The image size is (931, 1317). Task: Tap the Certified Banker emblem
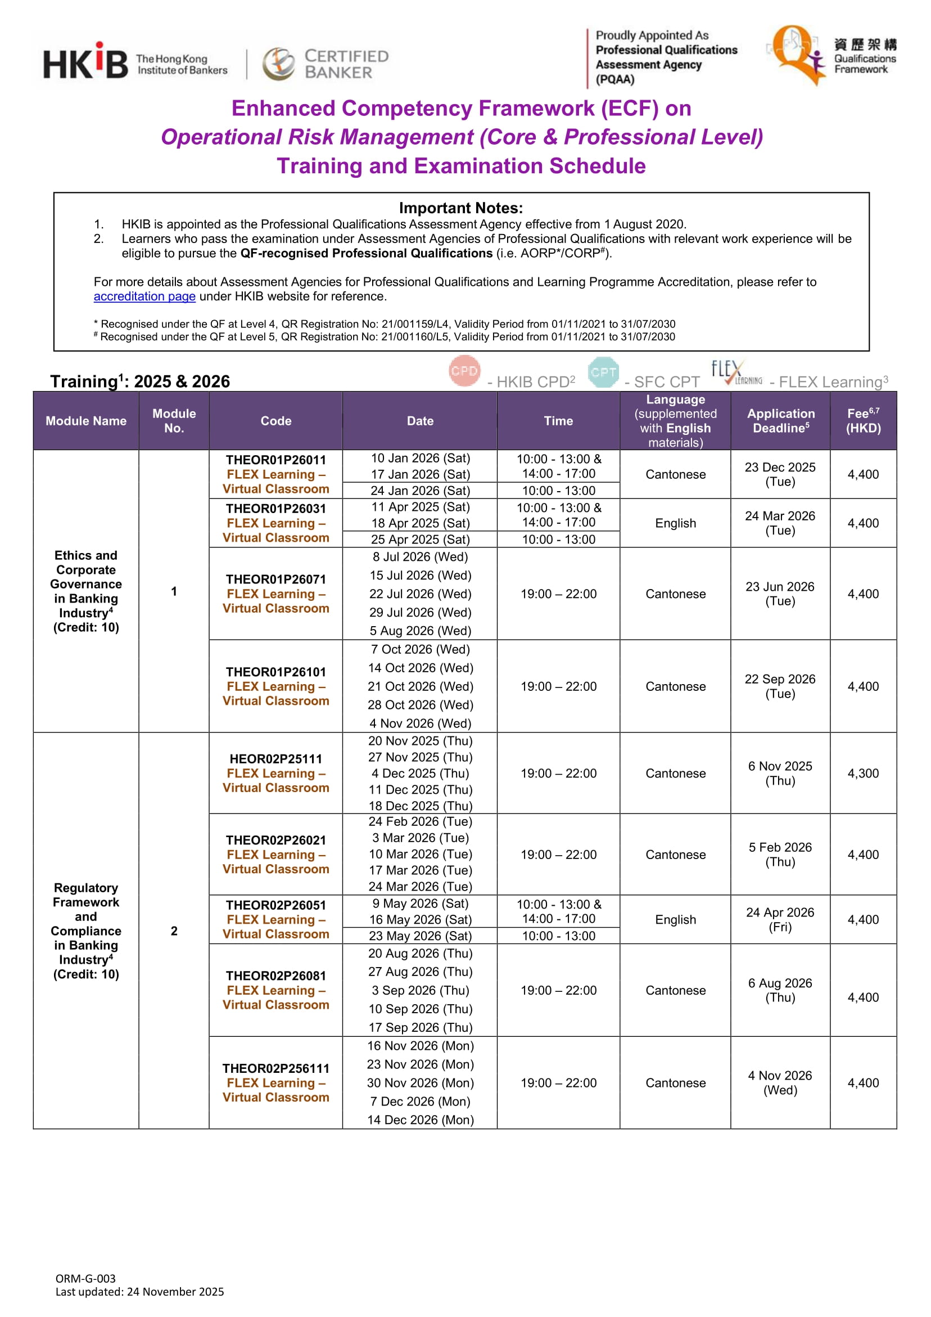[x=279, y=63]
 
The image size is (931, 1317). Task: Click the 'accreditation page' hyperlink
[x=144, y=296]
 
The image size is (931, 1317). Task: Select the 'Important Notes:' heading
[x=461, y=208]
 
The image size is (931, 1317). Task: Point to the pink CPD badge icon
[x=464, y=371]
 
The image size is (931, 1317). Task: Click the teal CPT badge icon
[x=603, y=372]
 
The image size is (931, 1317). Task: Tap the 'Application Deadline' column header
[x=780, y=420]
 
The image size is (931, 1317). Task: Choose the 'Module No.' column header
[x=174, y=420]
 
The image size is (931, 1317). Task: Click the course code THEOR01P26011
[x=275, y=460]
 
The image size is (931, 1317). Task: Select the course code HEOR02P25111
[x=275, y=759]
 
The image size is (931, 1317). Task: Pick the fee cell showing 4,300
[x=863, y=773]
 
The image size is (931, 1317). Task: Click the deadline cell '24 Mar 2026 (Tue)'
[x=780, y=523]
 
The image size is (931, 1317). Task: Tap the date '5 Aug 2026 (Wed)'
[x=420, y=631]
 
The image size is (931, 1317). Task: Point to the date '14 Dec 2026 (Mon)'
[x=420, y=1120]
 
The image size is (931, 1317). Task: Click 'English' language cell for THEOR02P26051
[x=675, y=919]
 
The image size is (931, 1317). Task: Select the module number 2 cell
[x=174, y=931]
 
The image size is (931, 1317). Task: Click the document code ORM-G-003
[x=85, y=1278]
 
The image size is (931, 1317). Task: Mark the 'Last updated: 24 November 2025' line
[x=139, y=1291]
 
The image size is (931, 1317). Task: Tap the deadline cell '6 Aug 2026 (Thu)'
[x=780, y=990]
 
